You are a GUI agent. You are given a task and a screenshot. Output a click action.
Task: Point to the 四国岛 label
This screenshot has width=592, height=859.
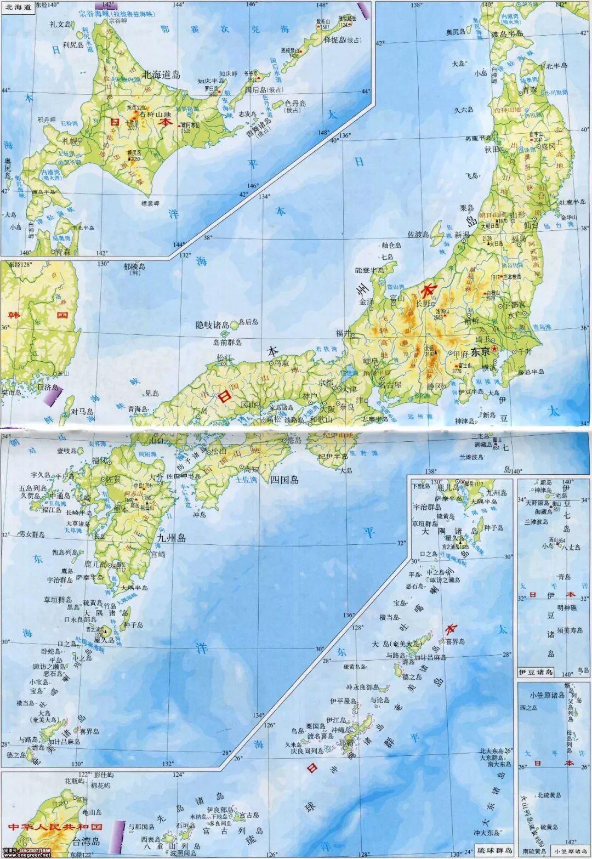point(284,480)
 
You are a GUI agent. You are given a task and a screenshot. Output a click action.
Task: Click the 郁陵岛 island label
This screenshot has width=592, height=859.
point(134,267)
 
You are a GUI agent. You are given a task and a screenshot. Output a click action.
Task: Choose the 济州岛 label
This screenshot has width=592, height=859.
point(48,388)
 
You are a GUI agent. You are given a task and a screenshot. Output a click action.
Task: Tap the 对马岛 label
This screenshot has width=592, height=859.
point(83,411)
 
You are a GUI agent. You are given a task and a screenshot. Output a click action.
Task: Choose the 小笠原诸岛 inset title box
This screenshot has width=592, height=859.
point(571,851)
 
